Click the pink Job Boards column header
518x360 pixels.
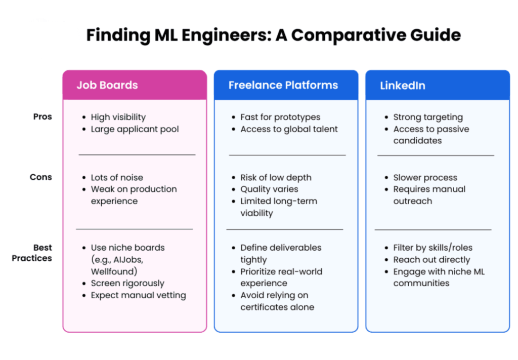135,85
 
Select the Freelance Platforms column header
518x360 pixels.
286,85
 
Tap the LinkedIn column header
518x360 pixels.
437,85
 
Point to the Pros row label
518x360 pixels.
42,116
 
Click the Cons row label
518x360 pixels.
40,177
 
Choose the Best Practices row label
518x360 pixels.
32,253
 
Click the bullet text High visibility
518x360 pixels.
118,117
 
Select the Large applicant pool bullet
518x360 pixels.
135,129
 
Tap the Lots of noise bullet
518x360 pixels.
117,178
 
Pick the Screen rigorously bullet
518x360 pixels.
127,284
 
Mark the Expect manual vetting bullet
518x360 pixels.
138,295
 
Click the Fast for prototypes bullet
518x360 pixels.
280,117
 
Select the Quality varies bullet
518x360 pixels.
269,189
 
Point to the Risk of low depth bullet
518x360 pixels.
276,178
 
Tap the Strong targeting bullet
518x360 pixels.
428,117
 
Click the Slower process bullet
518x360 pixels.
425,178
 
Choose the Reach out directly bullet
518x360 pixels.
431,260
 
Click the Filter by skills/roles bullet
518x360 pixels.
433,248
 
